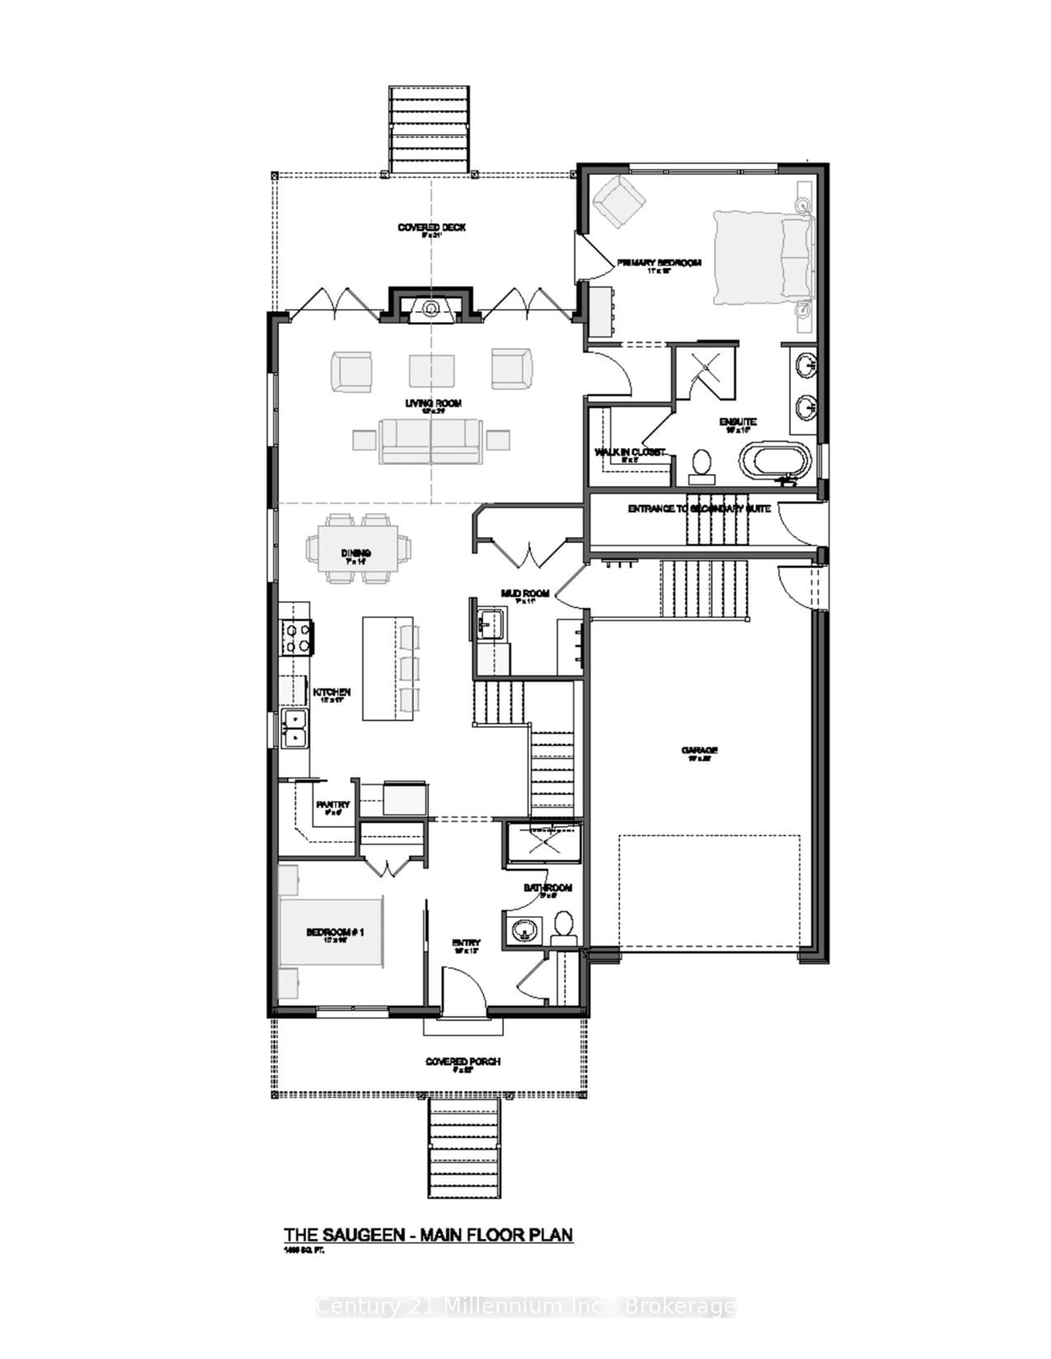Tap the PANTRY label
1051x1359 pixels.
click(x=333, y=805)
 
